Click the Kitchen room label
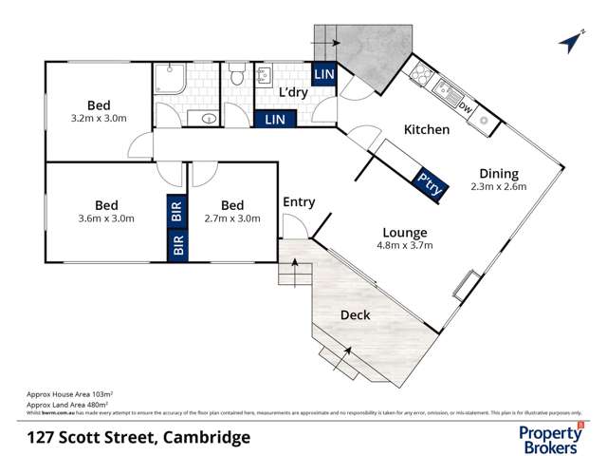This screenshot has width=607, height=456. [427, 129]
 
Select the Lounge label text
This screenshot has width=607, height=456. [404, 232]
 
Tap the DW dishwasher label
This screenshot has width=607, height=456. [465, 107]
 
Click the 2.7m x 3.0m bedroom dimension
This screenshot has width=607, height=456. [232, 218]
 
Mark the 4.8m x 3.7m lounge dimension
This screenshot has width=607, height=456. [404, 246]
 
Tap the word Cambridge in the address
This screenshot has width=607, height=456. [206, 437]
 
